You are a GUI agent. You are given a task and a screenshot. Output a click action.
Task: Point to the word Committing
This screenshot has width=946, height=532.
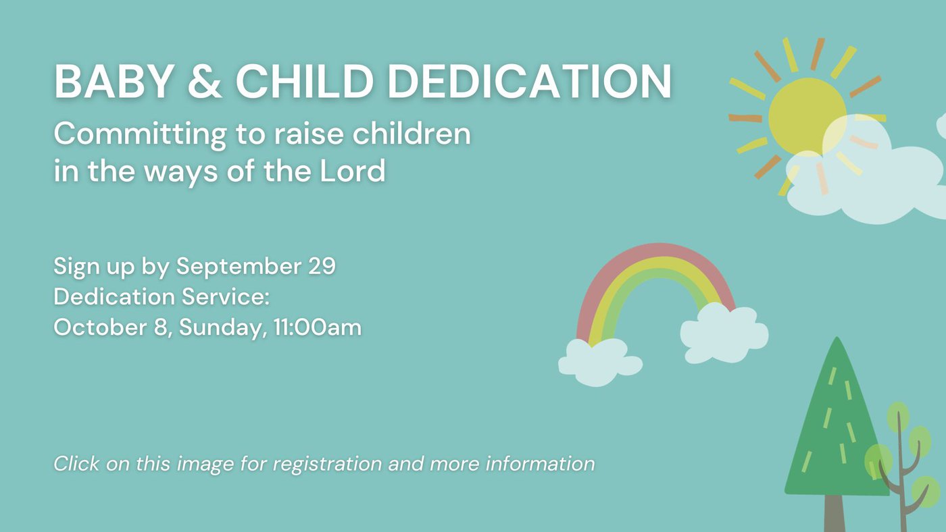point(141,135)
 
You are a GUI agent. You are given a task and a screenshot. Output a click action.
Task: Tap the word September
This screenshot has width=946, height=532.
point(239,267)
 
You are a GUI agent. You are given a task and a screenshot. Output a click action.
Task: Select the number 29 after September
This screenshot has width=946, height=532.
point(322,266)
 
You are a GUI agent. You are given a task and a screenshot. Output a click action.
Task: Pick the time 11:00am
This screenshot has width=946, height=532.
point(318,327)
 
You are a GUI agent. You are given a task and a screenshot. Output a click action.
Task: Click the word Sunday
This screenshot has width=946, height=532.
point(223,328)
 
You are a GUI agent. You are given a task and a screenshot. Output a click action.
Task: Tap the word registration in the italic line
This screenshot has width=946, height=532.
point(327,464)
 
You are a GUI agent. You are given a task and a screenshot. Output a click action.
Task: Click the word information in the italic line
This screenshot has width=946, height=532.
point(540,463)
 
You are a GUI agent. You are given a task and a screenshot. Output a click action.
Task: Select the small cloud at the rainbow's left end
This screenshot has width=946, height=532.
point(600,362)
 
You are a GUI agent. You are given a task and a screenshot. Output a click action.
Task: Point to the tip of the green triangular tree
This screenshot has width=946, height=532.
point(837,338)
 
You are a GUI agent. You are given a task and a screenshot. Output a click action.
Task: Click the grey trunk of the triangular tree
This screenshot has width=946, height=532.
point(834,513)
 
